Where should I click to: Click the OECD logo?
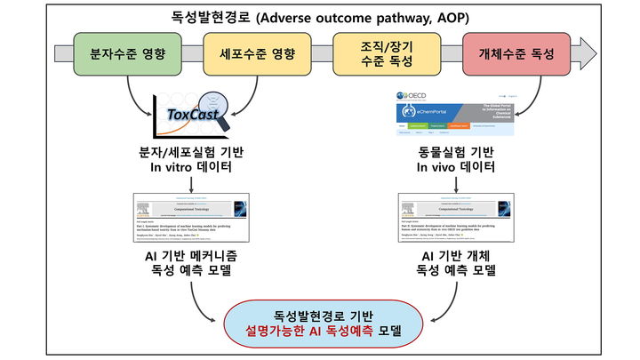point(418,95)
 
